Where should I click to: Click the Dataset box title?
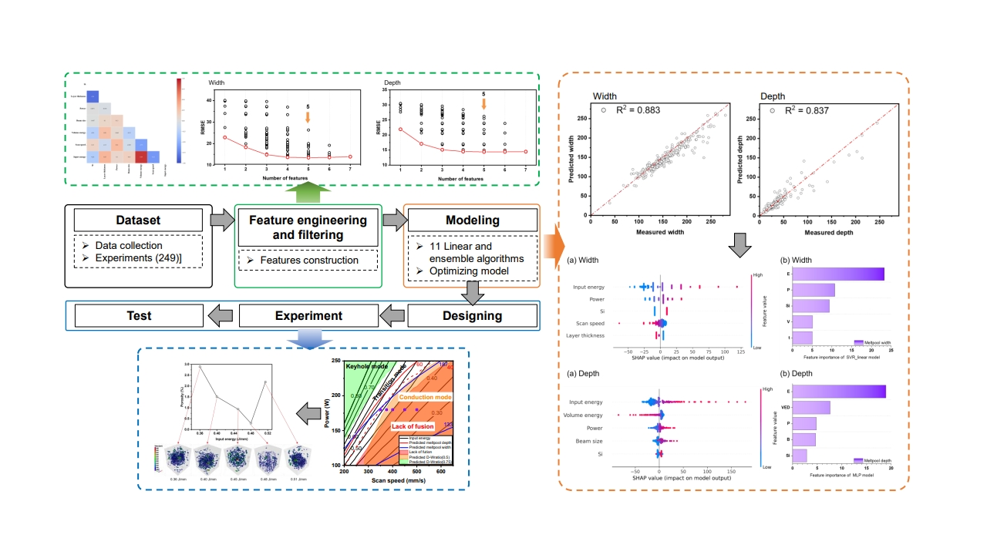point(139,220)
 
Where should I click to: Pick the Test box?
point(139,315)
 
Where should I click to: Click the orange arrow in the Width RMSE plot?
point(308,117)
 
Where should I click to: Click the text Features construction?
point(309,261)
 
